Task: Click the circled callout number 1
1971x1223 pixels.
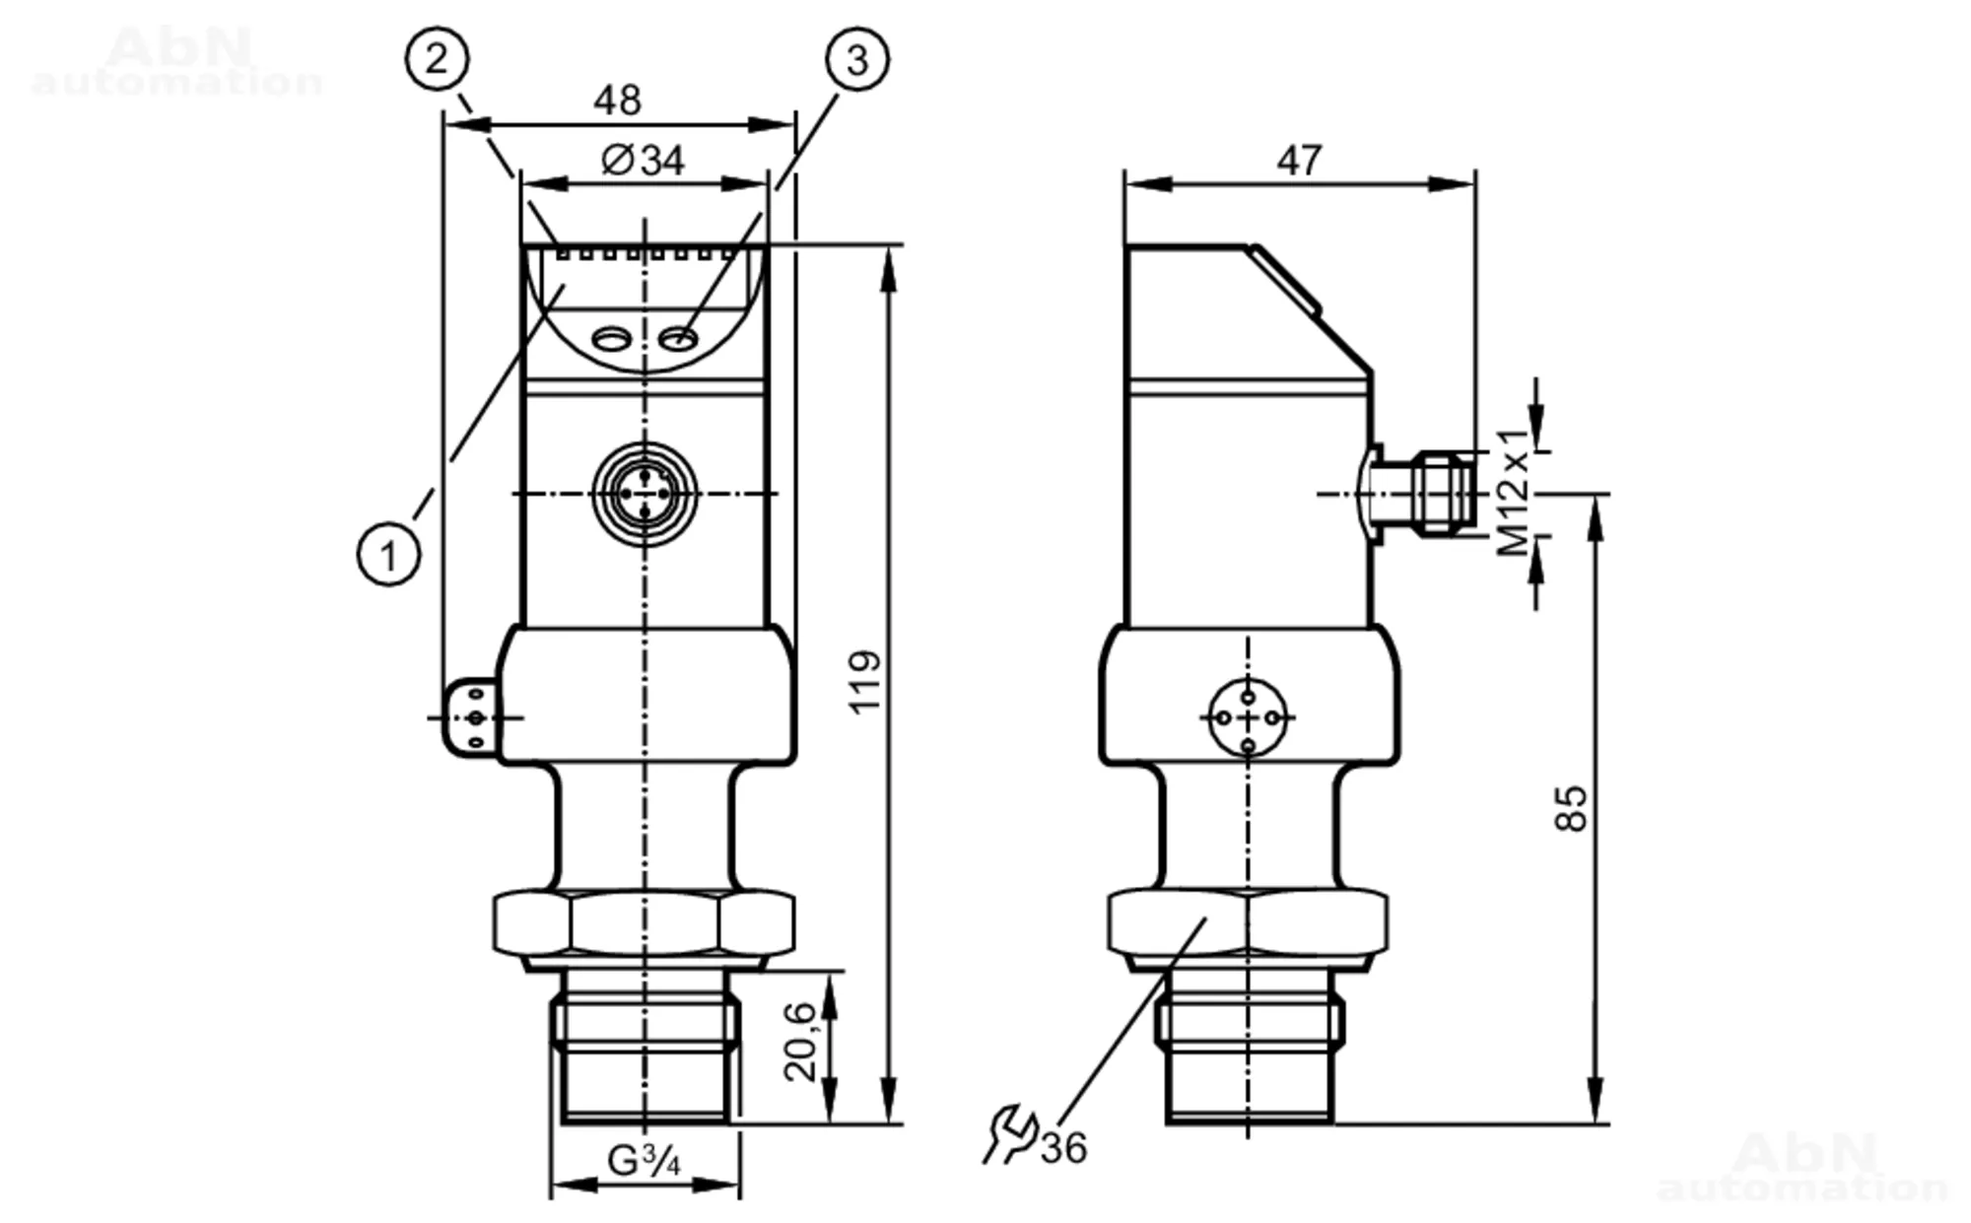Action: point(388,555)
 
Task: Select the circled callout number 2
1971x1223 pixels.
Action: point(437,59)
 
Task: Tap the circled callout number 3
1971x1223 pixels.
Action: point(856,59)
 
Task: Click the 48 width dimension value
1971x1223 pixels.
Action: point(618,100)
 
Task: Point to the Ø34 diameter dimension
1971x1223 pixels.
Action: point(643,160)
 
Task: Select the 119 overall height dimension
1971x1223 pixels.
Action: point(865,681)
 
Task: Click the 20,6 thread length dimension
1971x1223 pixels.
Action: point(801,1041)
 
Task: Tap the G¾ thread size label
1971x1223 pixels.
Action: point(644,1161)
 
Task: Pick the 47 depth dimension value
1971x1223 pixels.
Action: point(1299,160)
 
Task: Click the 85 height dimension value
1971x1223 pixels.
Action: point(1572,808)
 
